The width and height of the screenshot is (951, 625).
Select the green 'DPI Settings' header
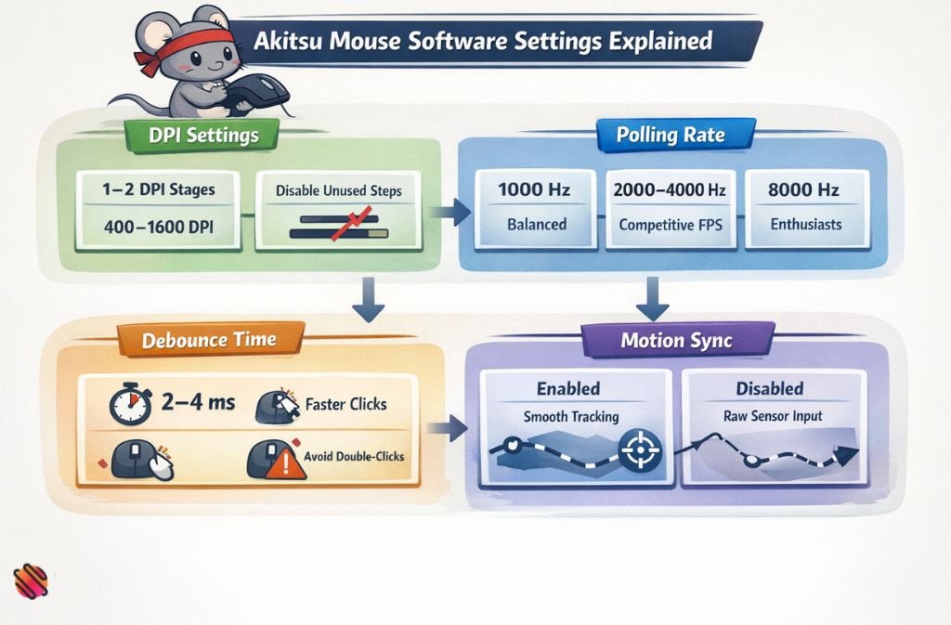click(202, 136)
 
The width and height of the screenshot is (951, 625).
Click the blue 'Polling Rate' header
click(671, 136)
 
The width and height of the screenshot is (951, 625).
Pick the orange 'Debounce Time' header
click(209, 340)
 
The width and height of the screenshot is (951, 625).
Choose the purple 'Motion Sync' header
click(676, 341)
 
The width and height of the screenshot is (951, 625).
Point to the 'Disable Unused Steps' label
click(339, 190)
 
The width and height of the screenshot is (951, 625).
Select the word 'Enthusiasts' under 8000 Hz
click(804, 224)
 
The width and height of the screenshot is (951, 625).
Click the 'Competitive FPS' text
click(670, 224)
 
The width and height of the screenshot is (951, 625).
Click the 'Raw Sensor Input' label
click(773, 416)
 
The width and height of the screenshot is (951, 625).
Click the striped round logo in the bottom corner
click(31, 582)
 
